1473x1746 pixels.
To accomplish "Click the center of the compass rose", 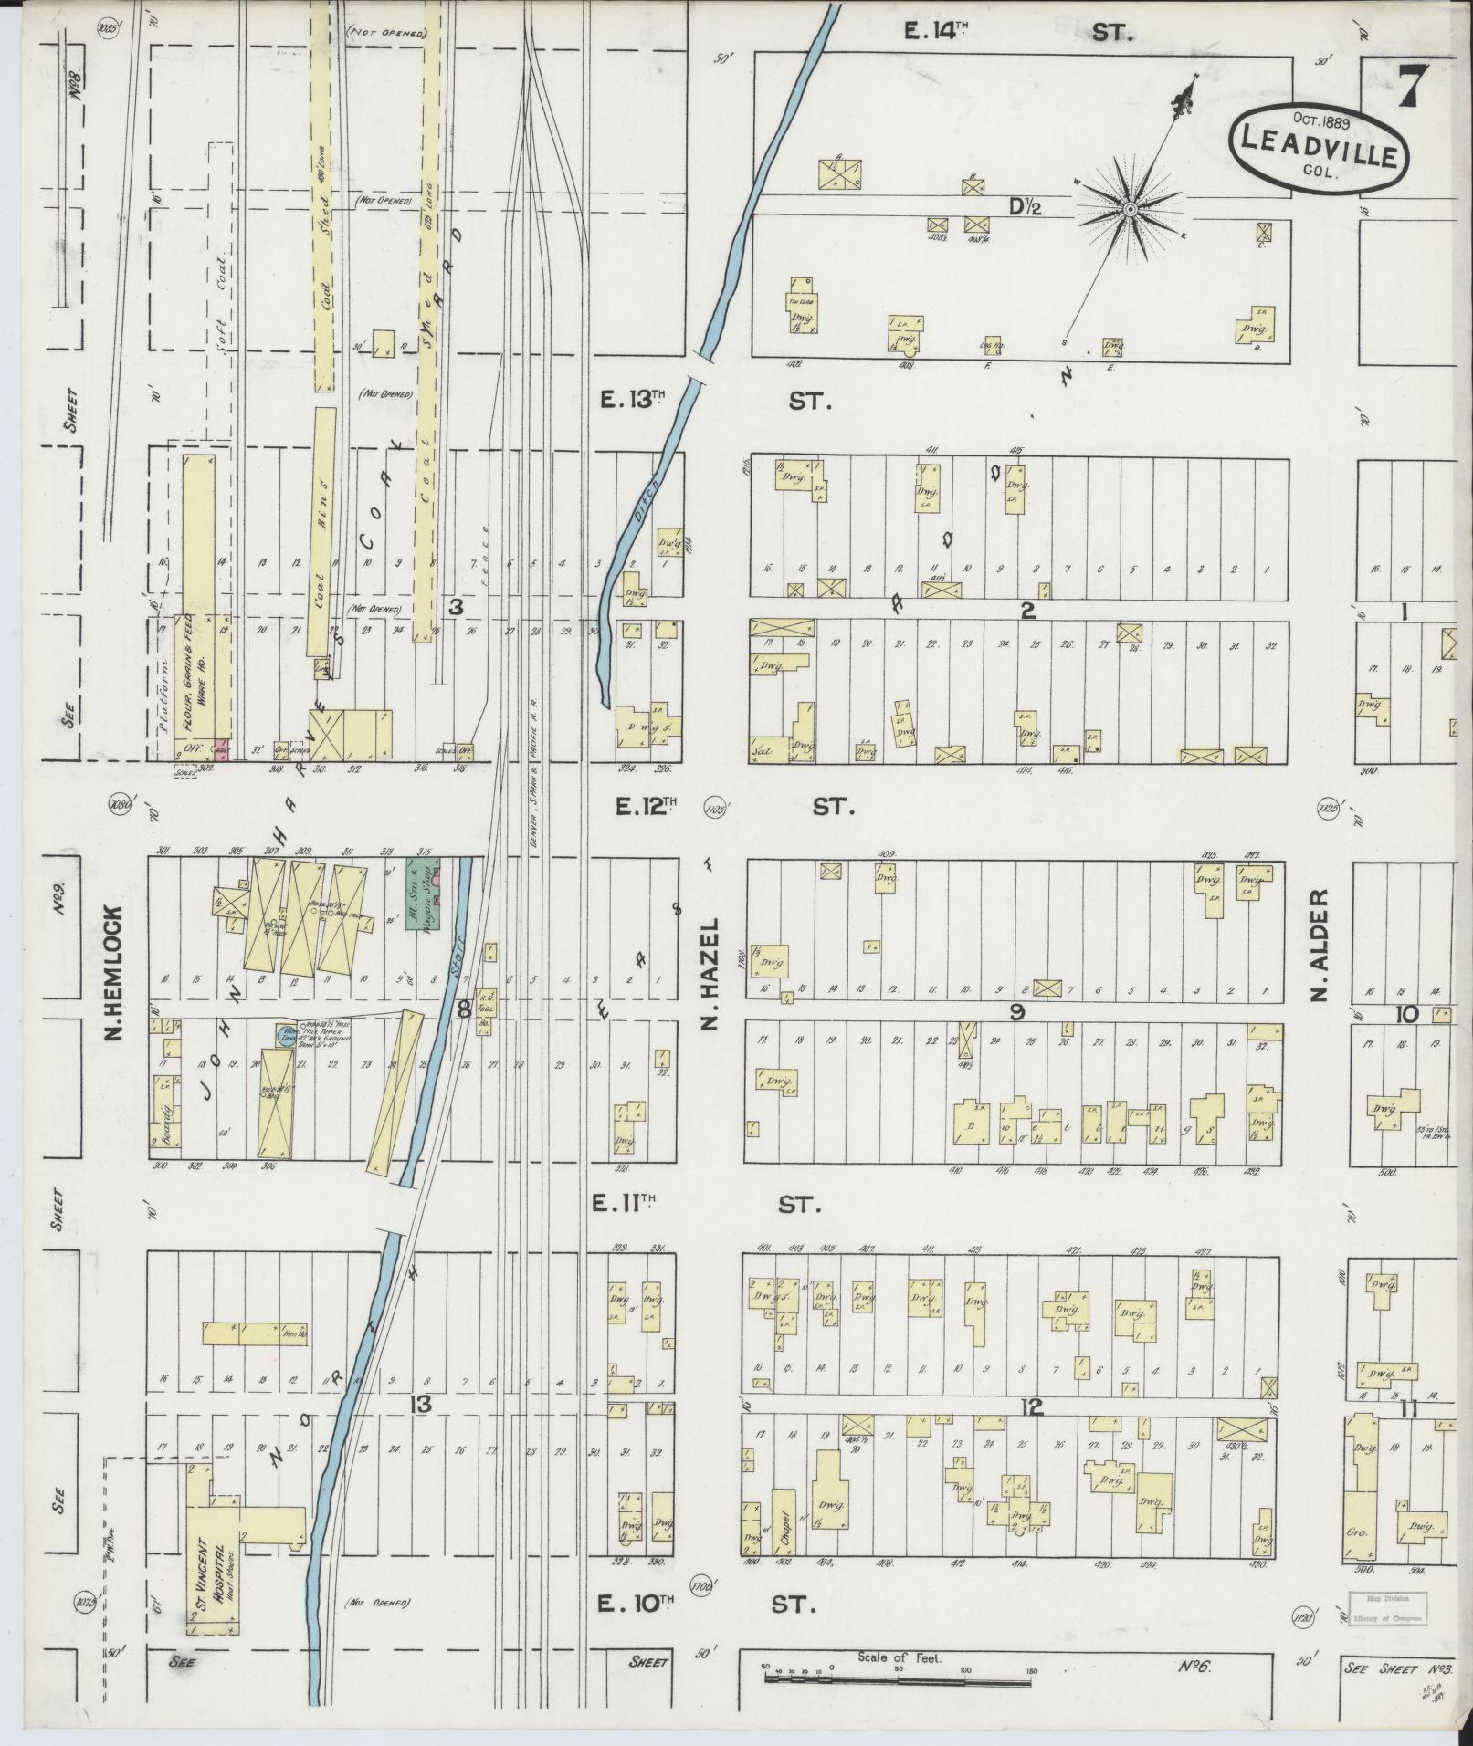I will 1129,209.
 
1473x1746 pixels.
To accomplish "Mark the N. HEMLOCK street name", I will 113,972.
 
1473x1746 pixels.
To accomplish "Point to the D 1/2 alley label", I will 1024,208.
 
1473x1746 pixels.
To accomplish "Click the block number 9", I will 1015,1011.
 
